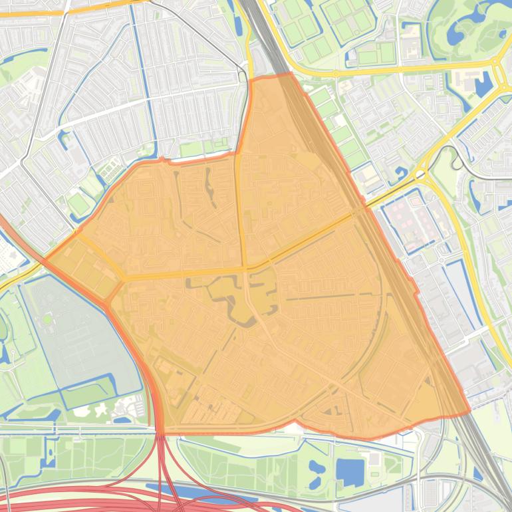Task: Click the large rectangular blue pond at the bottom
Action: point(350,471)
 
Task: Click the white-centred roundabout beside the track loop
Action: point(420,174)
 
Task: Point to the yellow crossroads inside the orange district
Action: point(247,268)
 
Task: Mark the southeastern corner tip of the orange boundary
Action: point(469,413)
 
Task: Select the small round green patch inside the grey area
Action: point(47,320)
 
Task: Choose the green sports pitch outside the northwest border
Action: point(78,204)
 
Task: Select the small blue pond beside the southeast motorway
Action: point(478,474)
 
